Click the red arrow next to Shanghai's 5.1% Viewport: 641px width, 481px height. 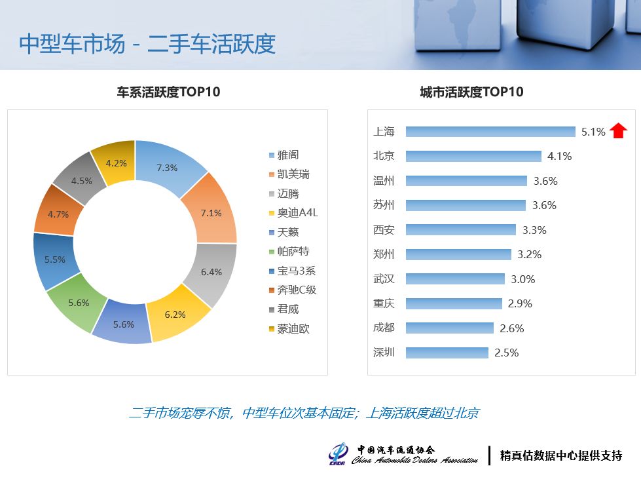618,131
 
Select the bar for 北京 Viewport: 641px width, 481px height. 473,156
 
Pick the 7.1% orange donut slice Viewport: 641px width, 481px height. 211,210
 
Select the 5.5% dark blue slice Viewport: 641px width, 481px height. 54,260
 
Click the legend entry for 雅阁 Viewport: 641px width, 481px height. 284,155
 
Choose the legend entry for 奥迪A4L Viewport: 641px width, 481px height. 293,213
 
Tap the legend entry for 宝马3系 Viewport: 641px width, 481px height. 292,271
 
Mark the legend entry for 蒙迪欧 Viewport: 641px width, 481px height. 289,328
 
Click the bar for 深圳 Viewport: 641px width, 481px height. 447,353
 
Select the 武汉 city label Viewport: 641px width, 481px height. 384,279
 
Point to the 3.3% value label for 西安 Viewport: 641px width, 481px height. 534,230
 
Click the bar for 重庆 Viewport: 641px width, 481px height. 454,303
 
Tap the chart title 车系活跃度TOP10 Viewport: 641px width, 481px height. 168,92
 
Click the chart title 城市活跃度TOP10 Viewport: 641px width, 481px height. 471,92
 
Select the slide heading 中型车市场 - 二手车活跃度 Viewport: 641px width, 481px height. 147,44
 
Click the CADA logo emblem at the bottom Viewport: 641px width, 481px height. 338,453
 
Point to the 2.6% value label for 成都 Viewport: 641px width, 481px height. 512,328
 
